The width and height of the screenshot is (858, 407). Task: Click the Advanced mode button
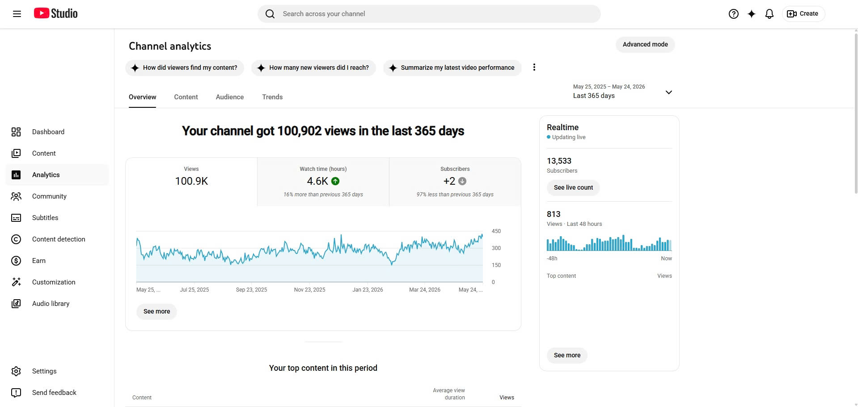click(x=645, y=44)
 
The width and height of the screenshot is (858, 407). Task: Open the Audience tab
click(x=230, y=97)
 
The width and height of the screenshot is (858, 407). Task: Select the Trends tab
click(x=272, y=97)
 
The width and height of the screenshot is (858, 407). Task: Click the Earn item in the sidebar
click(x=39, y=261)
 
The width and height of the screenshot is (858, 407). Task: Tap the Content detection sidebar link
click(x=59, y=239)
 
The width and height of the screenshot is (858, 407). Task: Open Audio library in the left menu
click(x=51, y=304)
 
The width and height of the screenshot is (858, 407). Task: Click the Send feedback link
click(x=54, y=393)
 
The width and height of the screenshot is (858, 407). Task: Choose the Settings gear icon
click(x=16, y=371)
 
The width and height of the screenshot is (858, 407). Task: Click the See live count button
click(x=573, y=187)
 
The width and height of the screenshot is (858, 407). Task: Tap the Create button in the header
click(x=803, y=14)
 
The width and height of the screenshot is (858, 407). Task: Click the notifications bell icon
click(x=769, y=14)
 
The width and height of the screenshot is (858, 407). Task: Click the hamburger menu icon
click(x=17, y=14)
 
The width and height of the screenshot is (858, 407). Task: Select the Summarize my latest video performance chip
click(x=452, y=68)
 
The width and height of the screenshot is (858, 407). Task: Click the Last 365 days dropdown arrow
click(x=669, y=92)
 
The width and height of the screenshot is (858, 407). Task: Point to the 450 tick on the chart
click(x=496, y=231)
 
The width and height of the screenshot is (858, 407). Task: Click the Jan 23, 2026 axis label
click(x=368, y=290)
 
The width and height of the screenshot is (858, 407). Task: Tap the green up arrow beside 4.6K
click(x=335, y=181)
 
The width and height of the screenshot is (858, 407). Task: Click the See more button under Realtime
click(x=567, y=355)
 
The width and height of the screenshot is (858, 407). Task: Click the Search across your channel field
click(x=429, y=14)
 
